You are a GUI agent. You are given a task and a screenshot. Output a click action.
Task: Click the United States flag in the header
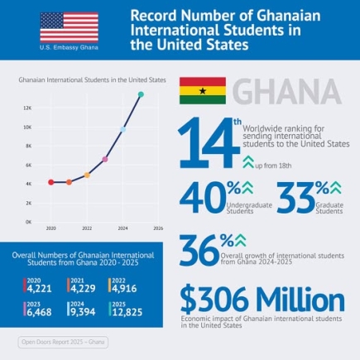coord(62,26)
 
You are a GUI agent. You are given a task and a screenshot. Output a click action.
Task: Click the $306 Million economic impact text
coord(262,299)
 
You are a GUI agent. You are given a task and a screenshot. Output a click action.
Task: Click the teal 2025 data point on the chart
coord(141,95)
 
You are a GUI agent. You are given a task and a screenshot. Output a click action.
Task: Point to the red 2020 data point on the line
coord(50,181)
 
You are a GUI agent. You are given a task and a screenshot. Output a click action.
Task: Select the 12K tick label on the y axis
coord(27,108)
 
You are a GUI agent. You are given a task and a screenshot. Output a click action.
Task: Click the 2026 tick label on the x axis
coord(158,228)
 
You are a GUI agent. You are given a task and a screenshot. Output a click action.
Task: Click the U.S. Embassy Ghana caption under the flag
coord(62,48)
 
